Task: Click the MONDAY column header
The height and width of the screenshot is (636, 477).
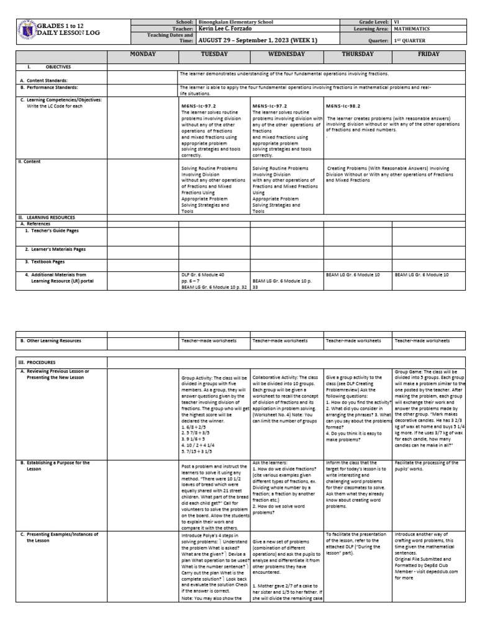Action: [142, 54]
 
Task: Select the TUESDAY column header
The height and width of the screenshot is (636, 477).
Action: [214, 54]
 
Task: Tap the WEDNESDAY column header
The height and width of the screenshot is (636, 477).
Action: [286, 54]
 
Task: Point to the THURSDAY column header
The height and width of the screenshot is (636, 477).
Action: [358, 54]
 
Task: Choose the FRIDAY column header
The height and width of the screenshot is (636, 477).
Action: [429, 54]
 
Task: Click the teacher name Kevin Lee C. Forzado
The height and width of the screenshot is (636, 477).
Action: [230, 29]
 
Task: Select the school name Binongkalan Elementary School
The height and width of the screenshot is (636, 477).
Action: [239, 22]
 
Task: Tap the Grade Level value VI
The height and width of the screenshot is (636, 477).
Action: [397, 22]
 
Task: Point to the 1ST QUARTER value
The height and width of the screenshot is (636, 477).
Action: [410, 40]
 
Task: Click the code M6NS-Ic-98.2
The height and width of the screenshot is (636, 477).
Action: [343, 106]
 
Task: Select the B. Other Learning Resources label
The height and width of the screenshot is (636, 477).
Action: [50, 341]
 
